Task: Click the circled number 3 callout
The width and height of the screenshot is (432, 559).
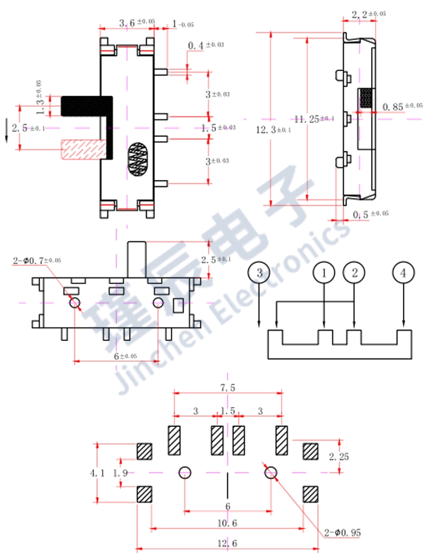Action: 259,273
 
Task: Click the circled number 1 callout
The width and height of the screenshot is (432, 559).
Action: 324,273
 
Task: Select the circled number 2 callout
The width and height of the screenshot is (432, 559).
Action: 354,273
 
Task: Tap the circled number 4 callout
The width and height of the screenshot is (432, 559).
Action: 403,273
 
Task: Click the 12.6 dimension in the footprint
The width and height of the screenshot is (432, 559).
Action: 228,543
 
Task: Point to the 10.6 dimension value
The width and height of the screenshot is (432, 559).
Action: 228,523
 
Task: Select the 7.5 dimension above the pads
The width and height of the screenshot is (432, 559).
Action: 228,388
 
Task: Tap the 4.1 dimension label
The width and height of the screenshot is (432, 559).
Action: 97,473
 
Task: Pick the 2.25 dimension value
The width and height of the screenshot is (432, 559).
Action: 339,457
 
